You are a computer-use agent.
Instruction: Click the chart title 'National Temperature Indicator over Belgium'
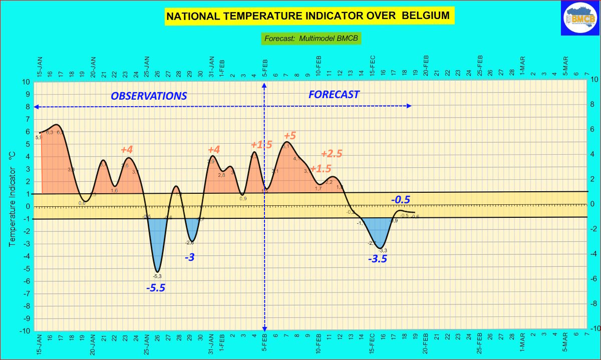tap(308, 16)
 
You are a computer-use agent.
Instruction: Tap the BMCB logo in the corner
tap(580, 19)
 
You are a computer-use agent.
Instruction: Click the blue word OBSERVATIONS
tap(149, 96)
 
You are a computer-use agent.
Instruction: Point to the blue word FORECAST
tap(334, 94)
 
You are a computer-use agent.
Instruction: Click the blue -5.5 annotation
tap(155, 288)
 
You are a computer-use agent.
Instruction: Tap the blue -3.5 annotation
tap(378, 259)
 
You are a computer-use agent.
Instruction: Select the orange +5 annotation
tap(290, 136)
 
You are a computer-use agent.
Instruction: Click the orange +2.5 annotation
tap(332, 154)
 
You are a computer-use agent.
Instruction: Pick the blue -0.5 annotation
tap(401, 200)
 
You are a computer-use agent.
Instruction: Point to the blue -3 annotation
tap(190, 257)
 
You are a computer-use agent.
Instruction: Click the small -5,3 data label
tap(157, 276)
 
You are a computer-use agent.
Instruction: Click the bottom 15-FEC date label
tap(373, 344)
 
